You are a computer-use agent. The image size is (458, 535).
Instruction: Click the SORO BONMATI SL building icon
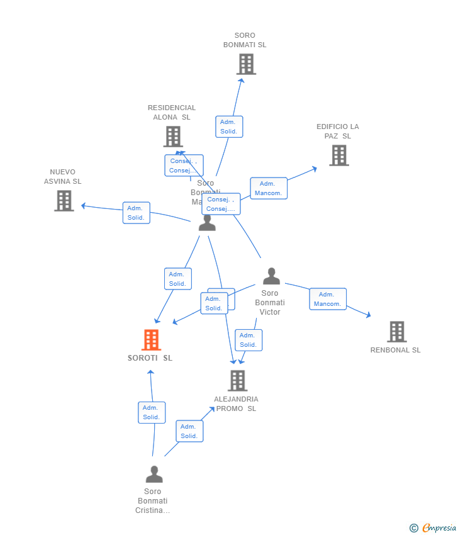246,64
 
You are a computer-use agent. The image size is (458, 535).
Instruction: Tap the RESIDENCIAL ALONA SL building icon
173,137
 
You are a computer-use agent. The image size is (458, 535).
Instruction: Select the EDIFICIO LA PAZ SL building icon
338,155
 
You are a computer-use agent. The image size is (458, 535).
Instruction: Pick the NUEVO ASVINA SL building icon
64,201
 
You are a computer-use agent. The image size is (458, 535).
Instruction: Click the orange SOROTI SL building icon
151,340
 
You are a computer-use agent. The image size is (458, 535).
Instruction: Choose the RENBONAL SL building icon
396,332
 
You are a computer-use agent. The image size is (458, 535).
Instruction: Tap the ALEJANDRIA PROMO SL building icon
237,380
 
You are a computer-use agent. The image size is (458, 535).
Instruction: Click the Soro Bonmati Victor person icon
271,276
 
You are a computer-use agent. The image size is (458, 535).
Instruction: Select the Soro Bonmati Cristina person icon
154,474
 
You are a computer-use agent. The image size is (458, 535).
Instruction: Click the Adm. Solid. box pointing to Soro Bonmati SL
228,127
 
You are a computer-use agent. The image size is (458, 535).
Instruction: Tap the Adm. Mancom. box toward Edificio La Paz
269,188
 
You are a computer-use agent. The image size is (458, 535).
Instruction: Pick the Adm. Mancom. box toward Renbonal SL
327,299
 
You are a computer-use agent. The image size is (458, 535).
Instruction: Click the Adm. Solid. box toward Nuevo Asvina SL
136,213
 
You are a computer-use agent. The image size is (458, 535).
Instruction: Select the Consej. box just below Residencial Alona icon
184,166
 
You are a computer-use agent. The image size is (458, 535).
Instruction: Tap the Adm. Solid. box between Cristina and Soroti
151,412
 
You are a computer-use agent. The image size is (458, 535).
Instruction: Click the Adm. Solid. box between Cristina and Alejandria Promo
189,431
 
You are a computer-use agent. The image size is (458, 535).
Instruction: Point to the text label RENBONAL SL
395,350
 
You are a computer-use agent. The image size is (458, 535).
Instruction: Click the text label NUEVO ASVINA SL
63,176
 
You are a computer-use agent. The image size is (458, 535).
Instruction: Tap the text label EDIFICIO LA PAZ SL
338,131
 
